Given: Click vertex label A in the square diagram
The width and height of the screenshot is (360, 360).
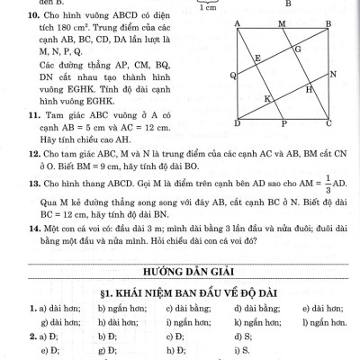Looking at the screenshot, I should (x=236, y=23).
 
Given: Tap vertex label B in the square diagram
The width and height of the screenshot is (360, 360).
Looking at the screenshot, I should (x=328, y=23).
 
